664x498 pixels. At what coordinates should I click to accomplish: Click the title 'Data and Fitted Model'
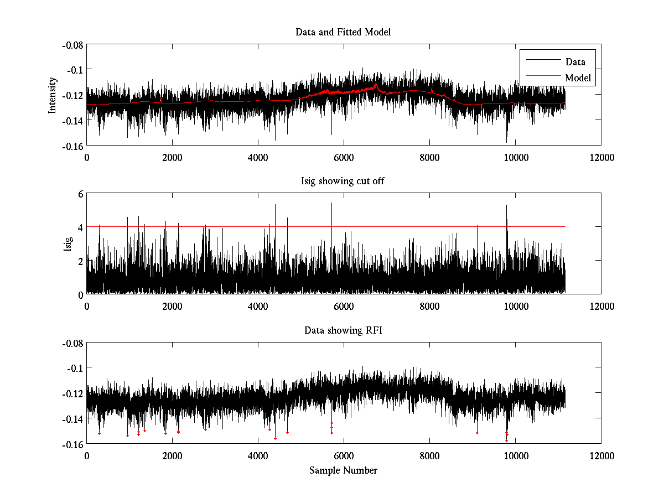tap(343, 32)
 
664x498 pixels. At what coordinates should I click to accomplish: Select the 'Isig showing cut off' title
tap(343, 181)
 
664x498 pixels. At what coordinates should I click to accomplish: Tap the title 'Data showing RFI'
tap(343, 331)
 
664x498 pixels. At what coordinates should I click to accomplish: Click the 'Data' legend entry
tap(575, 62)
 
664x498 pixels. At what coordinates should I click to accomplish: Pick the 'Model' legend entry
tap(578, 78)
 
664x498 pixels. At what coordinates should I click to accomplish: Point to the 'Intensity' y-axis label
tap(53, 95)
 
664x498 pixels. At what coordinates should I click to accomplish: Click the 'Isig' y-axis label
tap(68, 244)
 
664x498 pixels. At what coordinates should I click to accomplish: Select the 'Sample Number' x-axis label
tap(343, 471)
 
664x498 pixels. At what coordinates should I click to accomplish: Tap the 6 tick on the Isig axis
tap(80, 194)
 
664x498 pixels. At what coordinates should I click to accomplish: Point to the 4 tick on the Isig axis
tap(80, 227)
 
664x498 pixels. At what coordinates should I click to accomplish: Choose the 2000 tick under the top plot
tap(172, 157)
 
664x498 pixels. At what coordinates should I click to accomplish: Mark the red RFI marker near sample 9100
tap(477, 433)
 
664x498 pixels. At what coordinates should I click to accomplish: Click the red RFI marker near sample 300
tap(99, 433)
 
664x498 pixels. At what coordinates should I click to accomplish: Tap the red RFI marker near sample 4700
tap(287, 432)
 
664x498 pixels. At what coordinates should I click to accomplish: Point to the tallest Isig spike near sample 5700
tap(331, 203)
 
